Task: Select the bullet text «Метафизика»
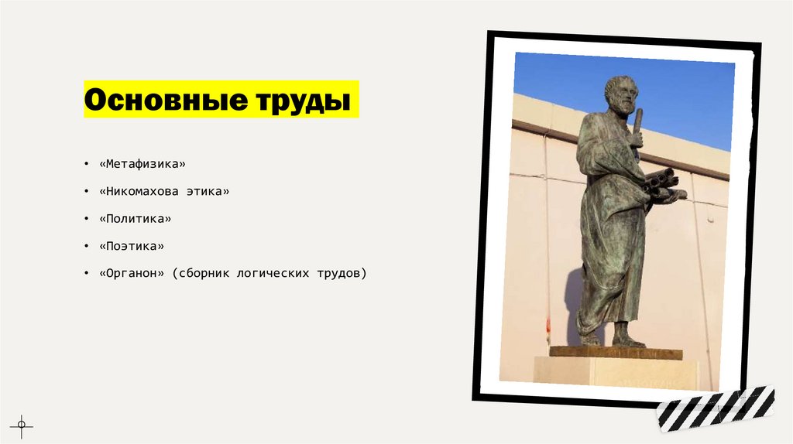[142, 164]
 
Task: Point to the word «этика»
[208, 191]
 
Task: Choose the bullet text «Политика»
[135, 219]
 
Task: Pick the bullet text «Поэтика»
[132, 246]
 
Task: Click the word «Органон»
[132, 273]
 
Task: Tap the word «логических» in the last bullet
[273, 273]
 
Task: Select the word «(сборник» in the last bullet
[200, 273]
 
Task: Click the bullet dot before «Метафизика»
[87, 165]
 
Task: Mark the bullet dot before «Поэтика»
[87, 247]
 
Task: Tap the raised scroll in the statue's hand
[638, 124]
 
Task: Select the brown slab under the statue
[616, 353]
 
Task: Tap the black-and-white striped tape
[716, 407]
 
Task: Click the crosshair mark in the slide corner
[22, 423]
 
